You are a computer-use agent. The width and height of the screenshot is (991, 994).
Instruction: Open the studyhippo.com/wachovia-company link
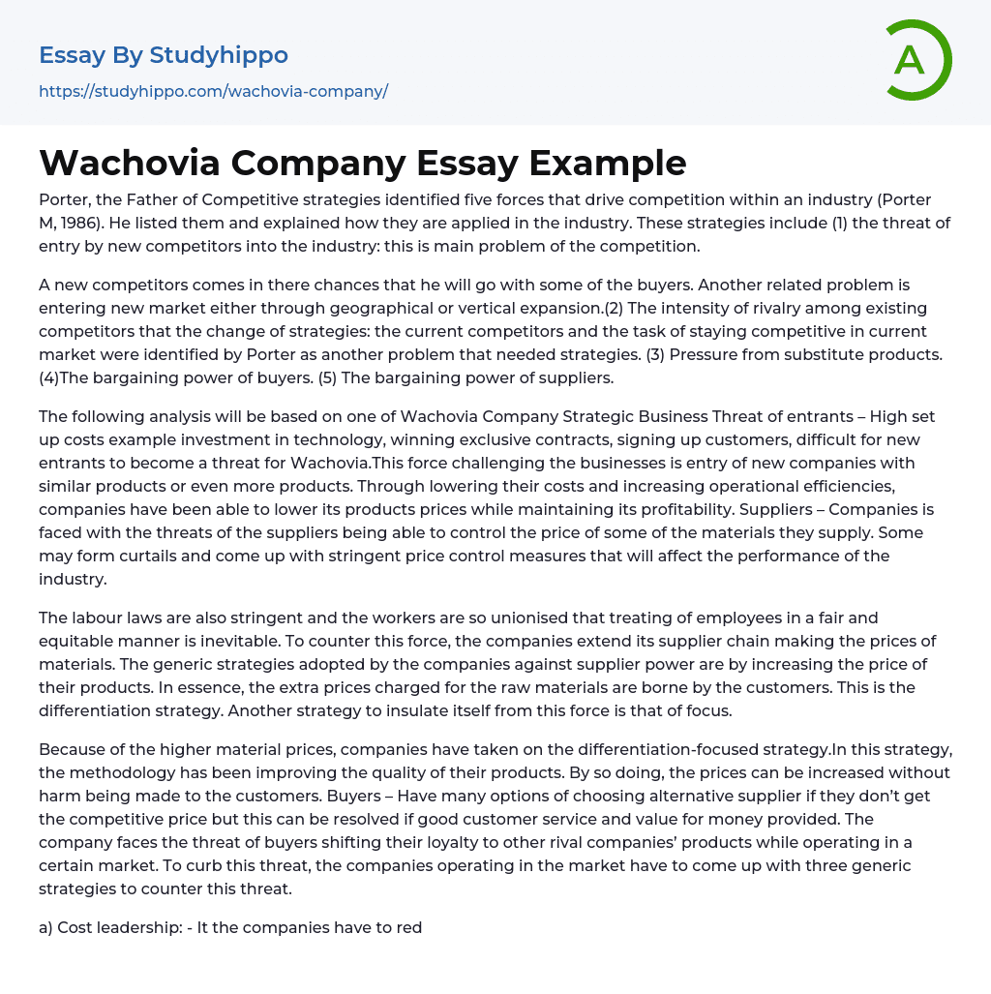tap(213, 92)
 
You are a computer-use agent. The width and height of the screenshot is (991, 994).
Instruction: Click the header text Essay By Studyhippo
tap(164, 55)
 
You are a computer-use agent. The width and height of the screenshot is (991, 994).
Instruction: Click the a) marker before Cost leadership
tap(45, 927)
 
